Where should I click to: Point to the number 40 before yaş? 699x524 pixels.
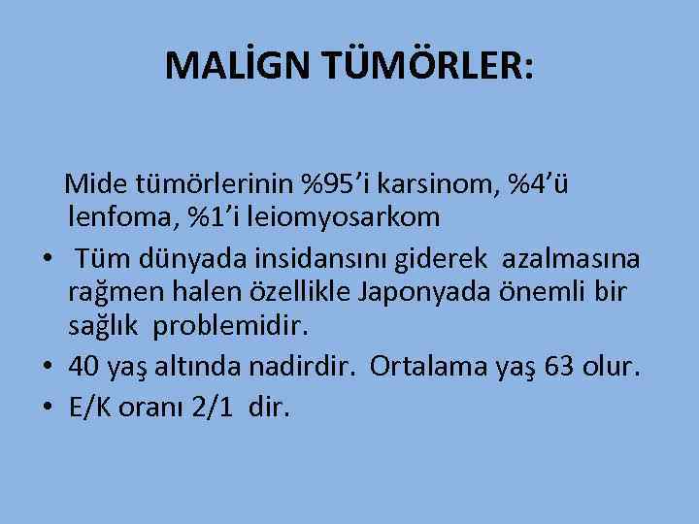[84, 366]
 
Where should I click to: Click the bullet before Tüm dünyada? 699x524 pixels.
[46, 257]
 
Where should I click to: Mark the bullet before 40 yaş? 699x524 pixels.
[46, 367]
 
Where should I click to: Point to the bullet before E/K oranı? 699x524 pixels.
[46, 408]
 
